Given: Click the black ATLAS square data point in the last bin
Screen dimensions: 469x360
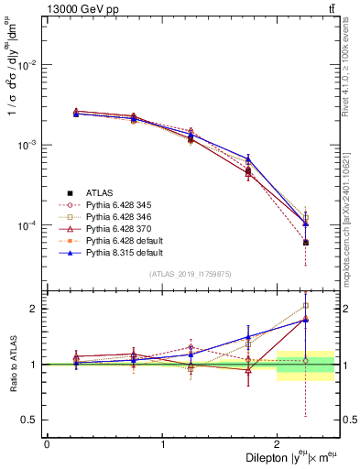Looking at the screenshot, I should tap(306, 243).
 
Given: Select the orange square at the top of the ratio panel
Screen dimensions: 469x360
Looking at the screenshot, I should tap(306, 306).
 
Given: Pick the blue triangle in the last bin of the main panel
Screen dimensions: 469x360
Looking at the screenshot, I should tap(306, 224).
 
